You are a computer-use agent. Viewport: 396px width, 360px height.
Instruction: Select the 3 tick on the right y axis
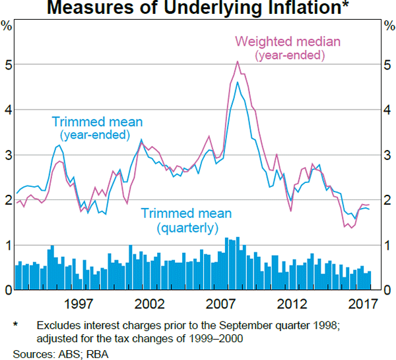tap(389, 155)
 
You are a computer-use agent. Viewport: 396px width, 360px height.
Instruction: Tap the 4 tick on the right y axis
tap(389, 110)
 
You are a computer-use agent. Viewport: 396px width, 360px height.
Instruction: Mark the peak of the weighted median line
tap(238, 61)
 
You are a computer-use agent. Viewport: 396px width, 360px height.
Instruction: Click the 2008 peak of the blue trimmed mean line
tap(238, 82)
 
